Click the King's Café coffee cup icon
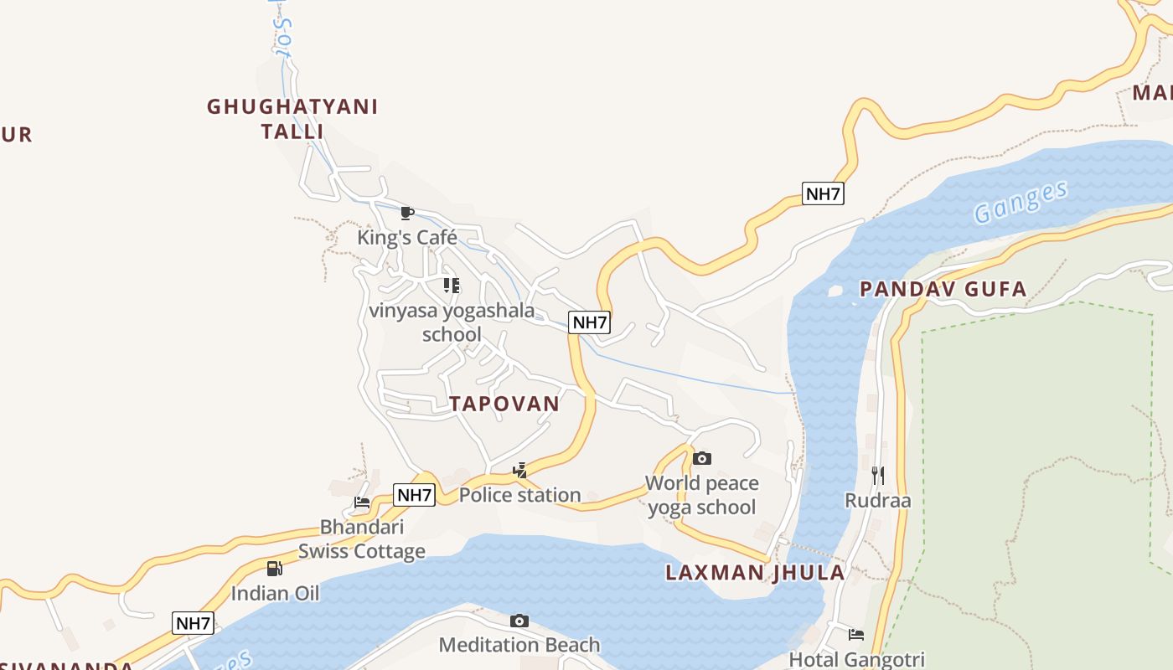(407, 213)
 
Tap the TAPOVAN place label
(504, 404)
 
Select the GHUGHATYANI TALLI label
(292, 119)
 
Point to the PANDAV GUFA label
(943, 290)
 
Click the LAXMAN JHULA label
(755, 573)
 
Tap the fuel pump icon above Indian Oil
(275, 569)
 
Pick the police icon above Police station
(520, 470)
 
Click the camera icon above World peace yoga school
(702, 458)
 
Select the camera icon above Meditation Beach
(519, 621)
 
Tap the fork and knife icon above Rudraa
(877, 476)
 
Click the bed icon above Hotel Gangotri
(856, 635)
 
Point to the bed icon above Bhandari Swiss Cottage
(362, 502)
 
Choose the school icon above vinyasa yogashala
(452, 286)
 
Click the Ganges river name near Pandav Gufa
(1021, 202)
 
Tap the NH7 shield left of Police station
(415, 495)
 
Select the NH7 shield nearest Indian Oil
(194, 623)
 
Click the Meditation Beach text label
(519, 645)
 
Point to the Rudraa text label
(877, 501)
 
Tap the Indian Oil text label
(275, 594)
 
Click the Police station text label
(519, 495)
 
